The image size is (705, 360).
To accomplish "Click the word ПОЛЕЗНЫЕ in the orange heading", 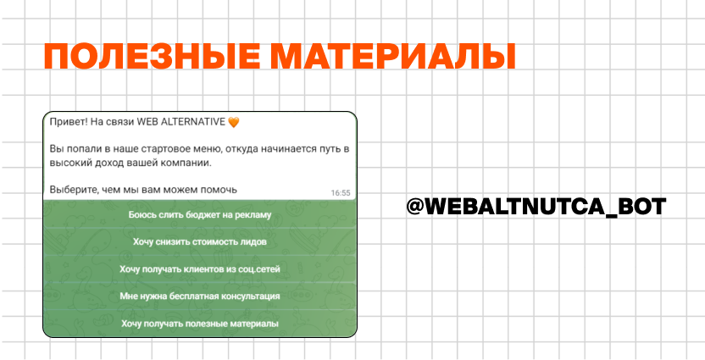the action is click(x=152, y=57).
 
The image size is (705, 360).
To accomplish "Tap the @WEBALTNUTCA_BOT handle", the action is click(x=536, y=207).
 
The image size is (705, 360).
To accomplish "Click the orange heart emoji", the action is click(x=234, y=122).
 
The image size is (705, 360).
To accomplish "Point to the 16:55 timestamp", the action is click(x=341, y=193).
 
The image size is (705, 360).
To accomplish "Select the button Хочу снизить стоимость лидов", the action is click(x=200, y=241).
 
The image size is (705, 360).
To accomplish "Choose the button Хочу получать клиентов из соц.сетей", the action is click(x=200, y=269).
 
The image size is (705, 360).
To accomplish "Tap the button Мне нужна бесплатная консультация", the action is click(x=200, y=296).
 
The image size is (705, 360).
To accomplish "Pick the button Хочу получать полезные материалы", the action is click(x=200, y=324).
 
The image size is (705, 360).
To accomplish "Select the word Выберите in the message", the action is click(x=68, y=190).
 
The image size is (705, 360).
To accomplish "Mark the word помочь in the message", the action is click(x=220, y=190).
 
